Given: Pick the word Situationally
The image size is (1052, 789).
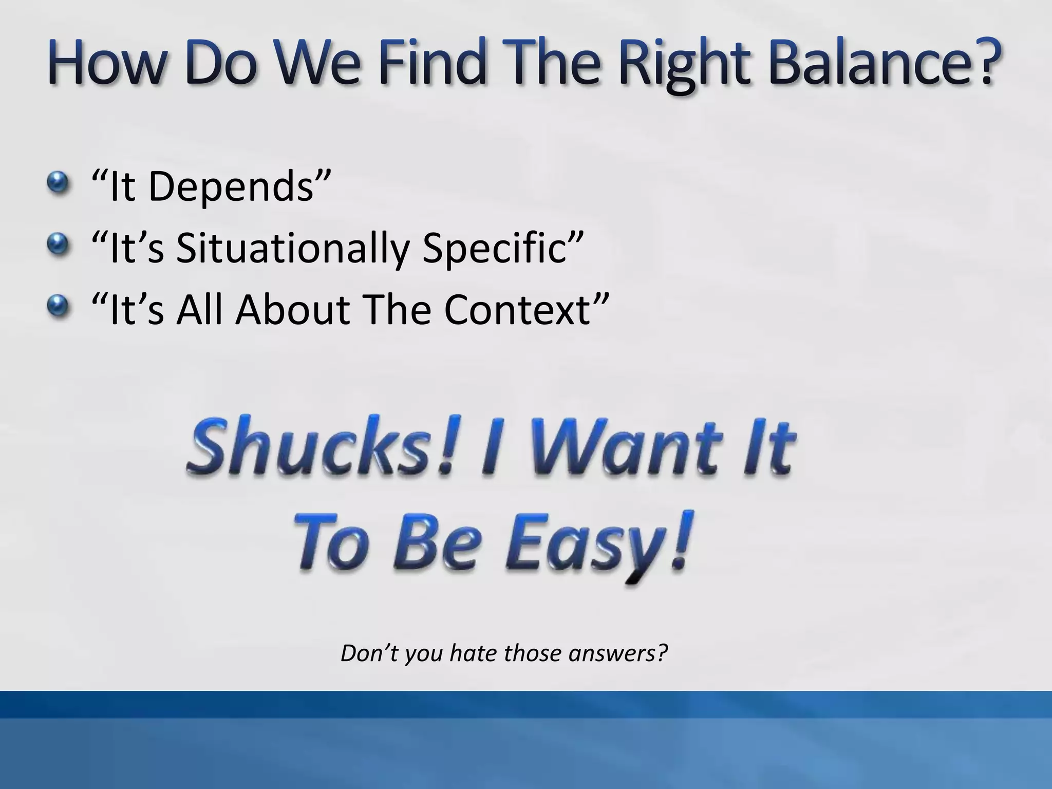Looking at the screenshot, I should click(x=292, y=249).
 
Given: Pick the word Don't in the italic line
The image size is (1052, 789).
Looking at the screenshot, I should click(x=369, y=653).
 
